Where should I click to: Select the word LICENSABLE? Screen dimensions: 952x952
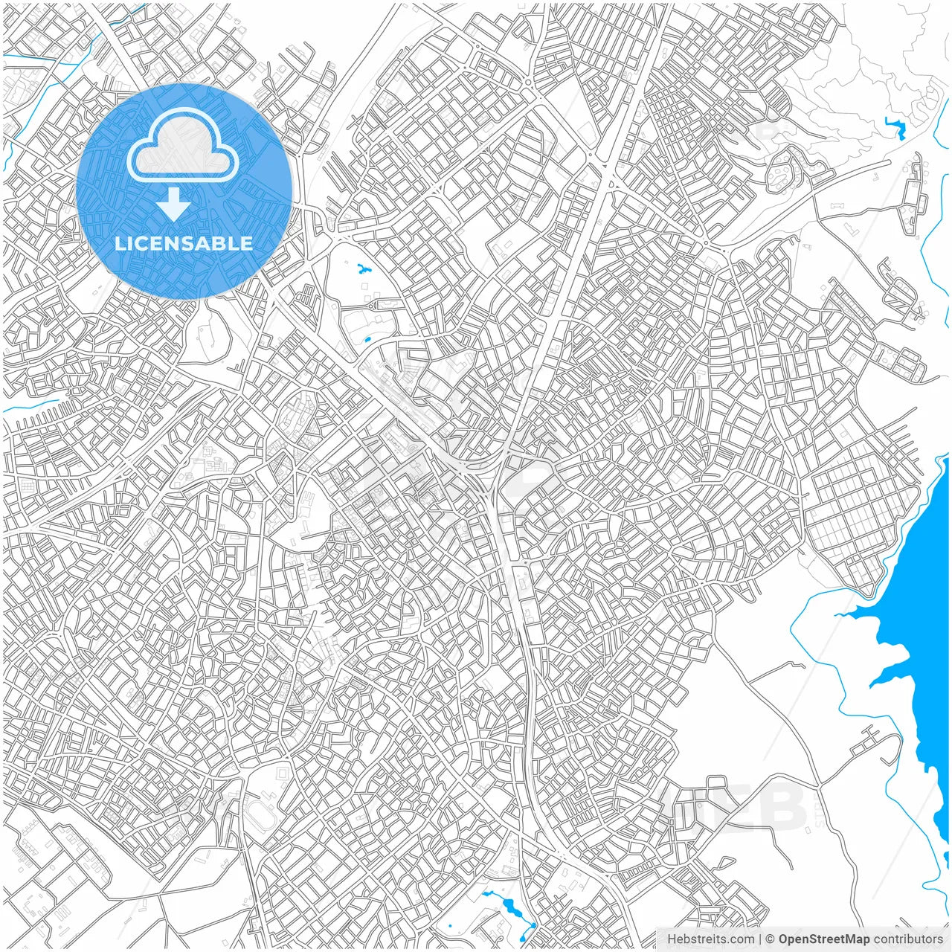click(x=184, y=243)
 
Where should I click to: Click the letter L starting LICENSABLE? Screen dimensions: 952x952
click(x=119, y=243)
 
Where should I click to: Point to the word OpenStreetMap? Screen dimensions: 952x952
click(x=823, y=939)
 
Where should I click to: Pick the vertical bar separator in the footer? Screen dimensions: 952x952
click(x=759, y=939)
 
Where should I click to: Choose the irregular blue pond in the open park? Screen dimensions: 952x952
click(x=363, y=270)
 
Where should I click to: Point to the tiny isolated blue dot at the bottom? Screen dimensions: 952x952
click(x=449, y=926)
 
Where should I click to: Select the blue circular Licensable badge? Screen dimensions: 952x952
click(x=184, y=192)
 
